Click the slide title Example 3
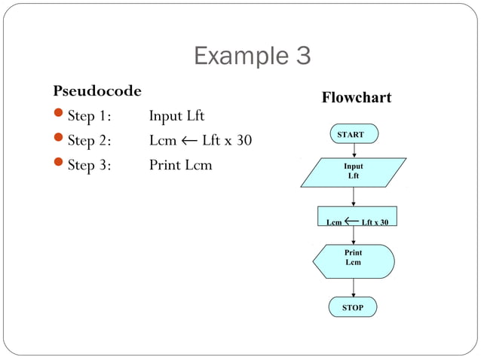coord(252,56)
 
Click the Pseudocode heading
coord(97,91)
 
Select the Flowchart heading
coord(356,98)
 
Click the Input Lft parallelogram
coord(353,171)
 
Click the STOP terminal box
coord(352,307)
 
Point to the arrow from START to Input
coord(354,150)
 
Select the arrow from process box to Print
coord(354,235)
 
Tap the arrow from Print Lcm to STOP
coord(354,288)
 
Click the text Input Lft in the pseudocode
coord(176,116)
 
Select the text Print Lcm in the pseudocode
coord(180,164)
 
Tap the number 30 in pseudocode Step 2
coord(243,140)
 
